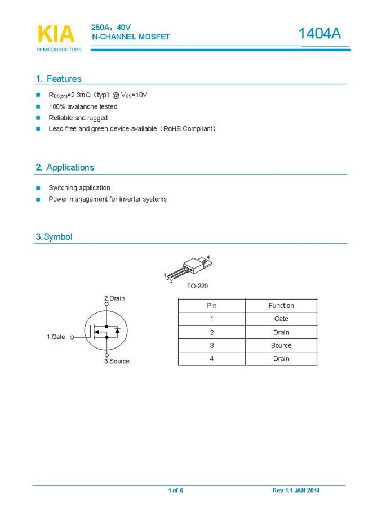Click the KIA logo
[x=56, y=34]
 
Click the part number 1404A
[x=319, y=34]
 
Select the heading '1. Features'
[x=59, y=79]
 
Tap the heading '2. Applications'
[x=65, y=167]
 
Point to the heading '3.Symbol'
[x=54, y=237]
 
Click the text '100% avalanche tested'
[x=83, y=106]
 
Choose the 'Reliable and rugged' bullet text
[x=78, y=118]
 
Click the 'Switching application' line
[x=79, y=188]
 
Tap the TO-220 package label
[x=197, y=286]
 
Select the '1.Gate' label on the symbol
[x=56, y=337]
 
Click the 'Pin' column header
[x=212, y=306]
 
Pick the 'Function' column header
[x=281, y=306]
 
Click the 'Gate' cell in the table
[x=281, y=319]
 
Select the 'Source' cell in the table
[x=281, y=346]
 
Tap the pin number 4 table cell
[x=212, y=359]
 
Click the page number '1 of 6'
[x=175, y=490]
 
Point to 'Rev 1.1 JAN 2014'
[x=296, y=490]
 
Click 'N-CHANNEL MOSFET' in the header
[x=131, y=37]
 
